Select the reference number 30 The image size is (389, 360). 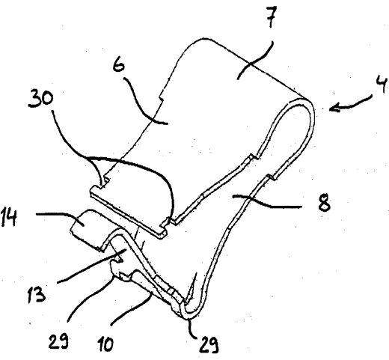40,99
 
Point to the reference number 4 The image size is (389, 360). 381,85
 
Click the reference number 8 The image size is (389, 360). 325,202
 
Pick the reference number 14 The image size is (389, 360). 9,218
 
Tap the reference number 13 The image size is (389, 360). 37,294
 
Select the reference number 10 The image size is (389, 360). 105,344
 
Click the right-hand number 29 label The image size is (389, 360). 209,344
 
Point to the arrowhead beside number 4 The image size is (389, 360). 334,109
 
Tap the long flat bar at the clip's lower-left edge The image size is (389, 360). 128,207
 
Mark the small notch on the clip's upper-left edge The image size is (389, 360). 161,100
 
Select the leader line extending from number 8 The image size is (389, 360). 267,202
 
